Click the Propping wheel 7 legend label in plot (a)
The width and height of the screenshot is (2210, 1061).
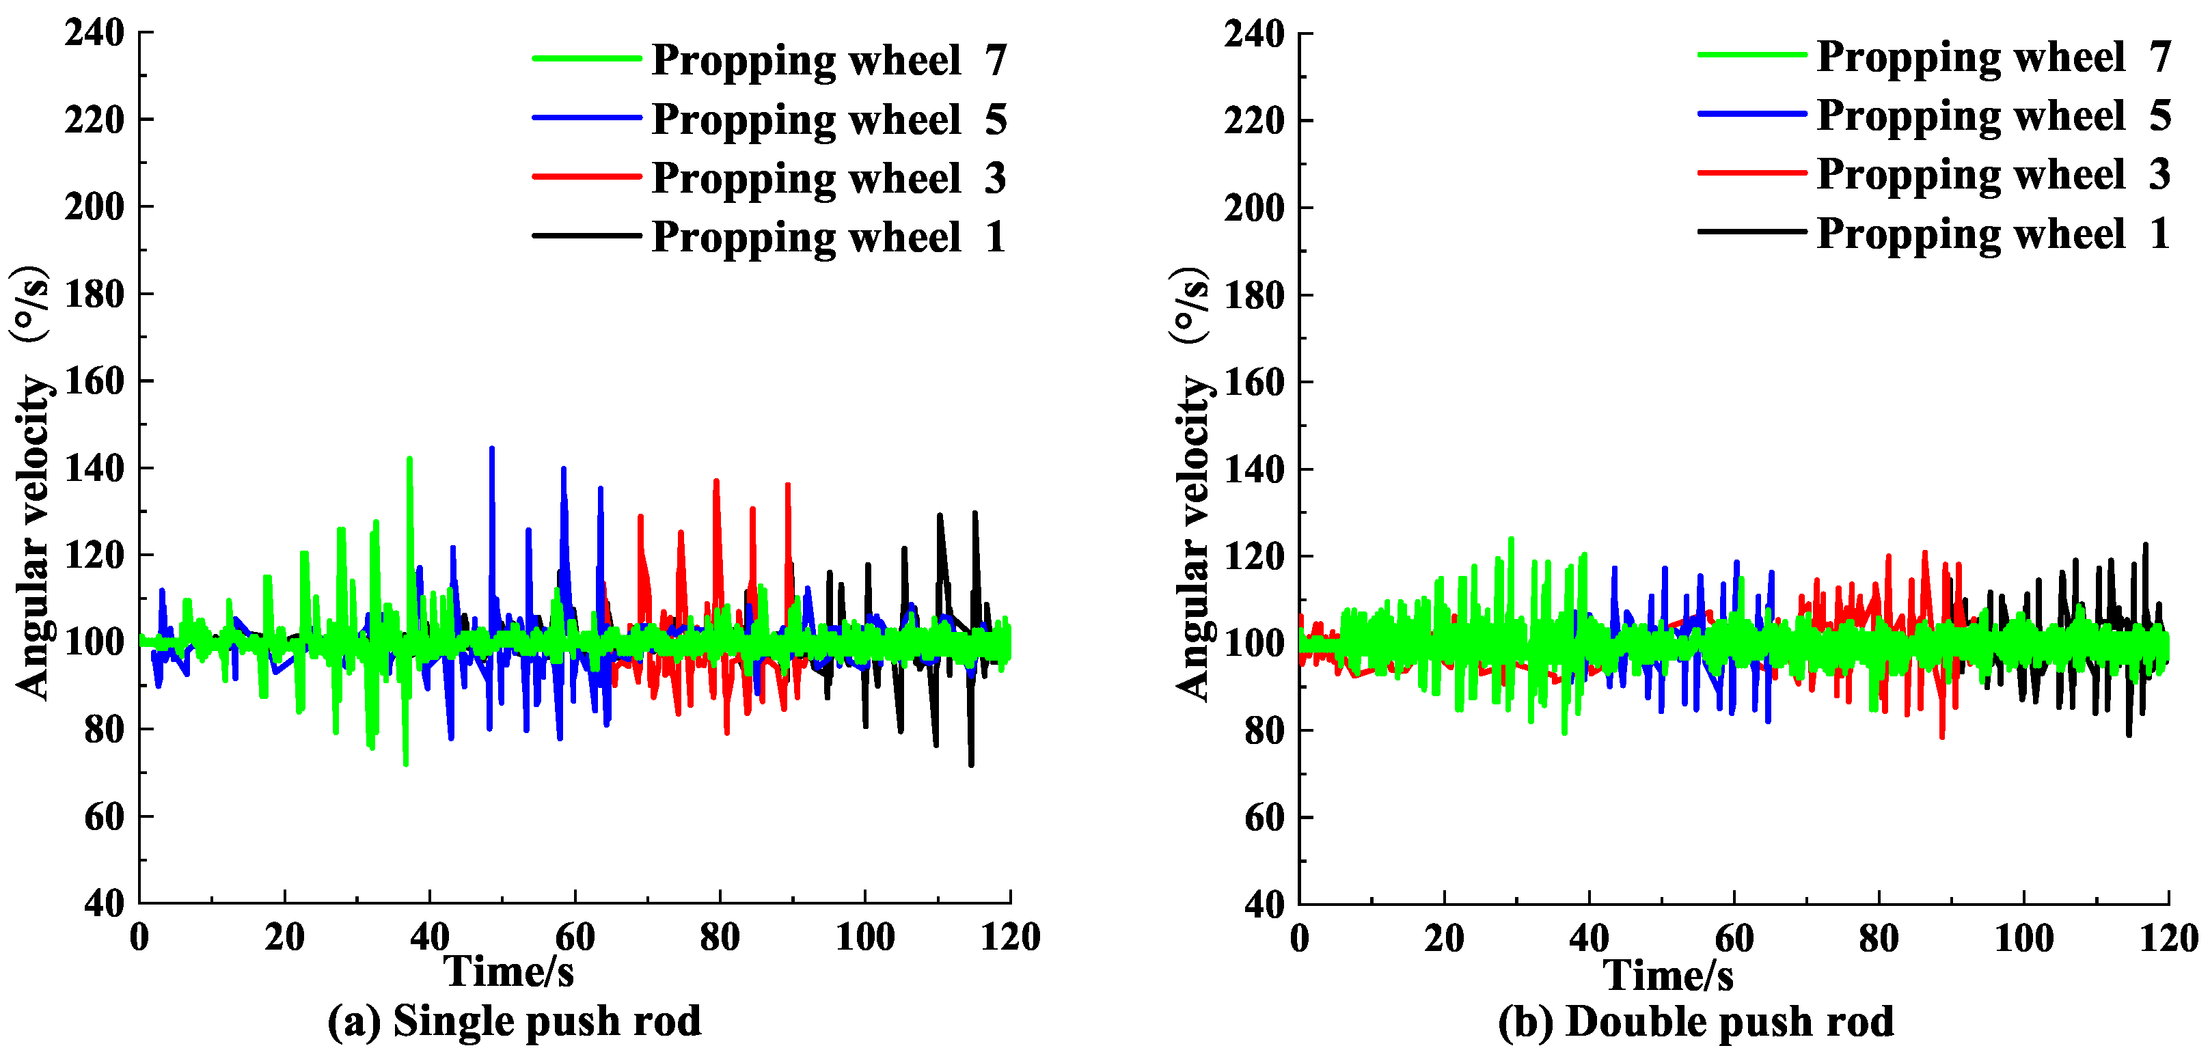(828, 60)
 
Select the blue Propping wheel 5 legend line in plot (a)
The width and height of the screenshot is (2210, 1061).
(587, 118)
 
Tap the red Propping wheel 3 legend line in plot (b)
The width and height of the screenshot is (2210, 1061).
(1752, 172)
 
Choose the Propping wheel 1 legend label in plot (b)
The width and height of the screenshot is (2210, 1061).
(1993, 233)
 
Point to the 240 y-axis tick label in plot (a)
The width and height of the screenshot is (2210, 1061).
(94, 33)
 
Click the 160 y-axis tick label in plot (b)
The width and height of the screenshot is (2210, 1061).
(1254, 382)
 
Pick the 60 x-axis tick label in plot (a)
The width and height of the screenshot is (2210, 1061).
(574, 937)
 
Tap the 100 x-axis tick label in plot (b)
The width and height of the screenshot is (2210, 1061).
(2023, 937)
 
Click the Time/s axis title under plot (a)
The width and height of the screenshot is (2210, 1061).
(508, 972)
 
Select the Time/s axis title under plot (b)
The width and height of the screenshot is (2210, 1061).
(1668, 974)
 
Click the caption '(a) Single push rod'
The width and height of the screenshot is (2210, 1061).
(514, 1021)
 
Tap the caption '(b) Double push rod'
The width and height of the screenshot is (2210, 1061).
(1695, 1021)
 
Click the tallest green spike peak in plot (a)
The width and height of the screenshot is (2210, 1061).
(409, 459)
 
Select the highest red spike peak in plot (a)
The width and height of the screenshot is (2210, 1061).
(716, 481)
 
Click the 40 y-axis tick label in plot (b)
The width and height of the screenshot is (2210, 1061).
(1264, 904)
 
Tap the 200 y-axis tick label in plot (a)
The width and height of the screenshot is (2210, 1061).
(94, 207)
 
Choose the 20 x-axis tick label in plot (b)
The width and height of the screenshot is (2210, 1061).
(1444, 937)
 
